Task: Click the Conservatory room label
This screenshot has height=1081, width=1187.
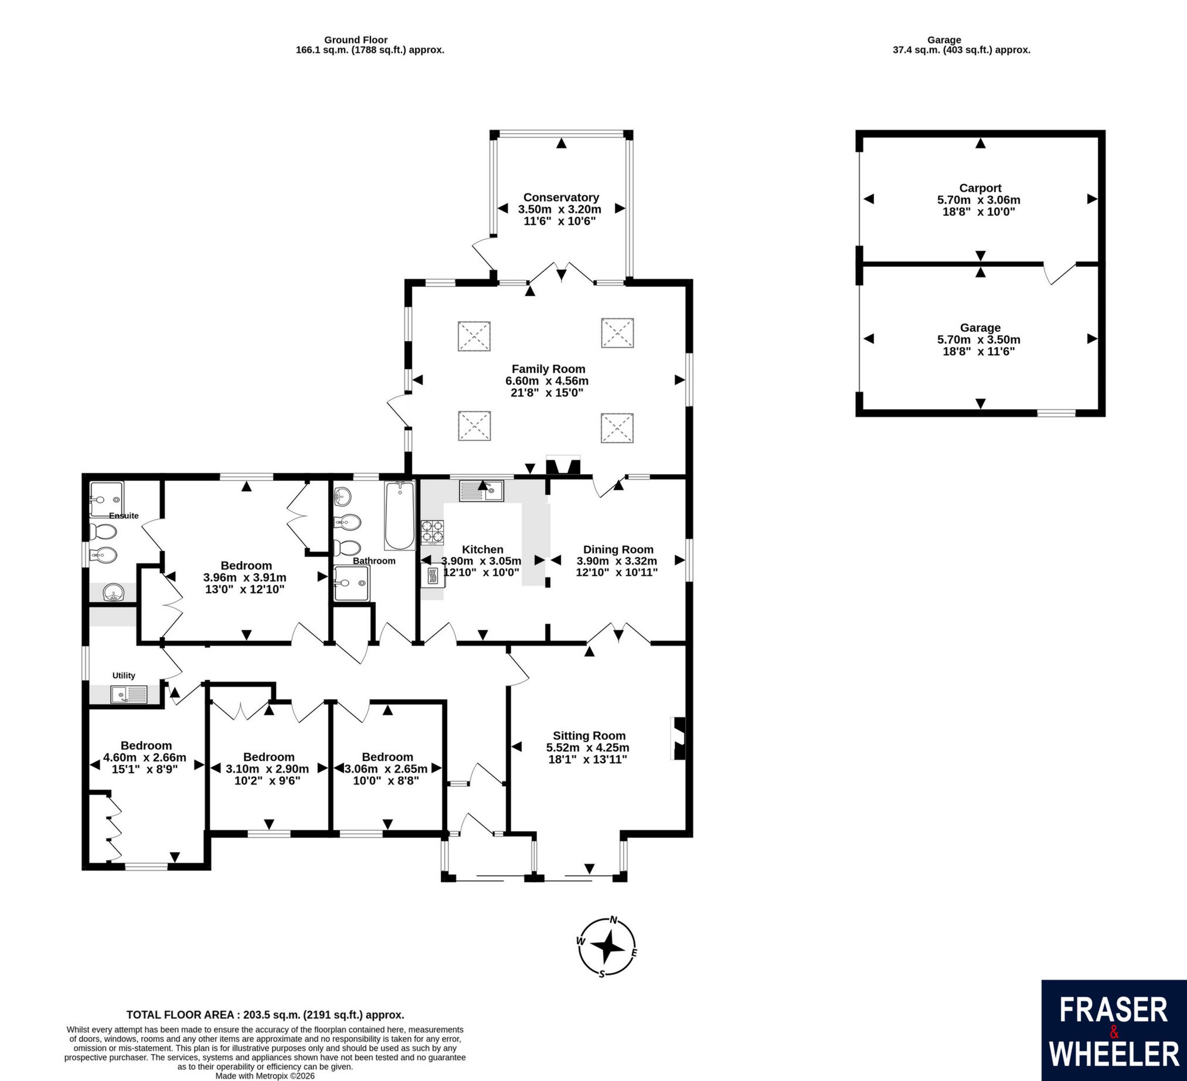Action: (x=561, y=197)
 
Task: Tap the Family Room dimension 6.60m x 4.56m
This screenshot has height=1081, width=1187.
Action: (x=547, y=381)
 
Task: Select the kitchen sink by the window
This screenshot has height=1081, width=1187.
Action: (x=482, y=491)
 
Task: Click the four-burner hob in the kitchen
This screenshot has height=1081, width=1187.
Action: (x=433, y=531)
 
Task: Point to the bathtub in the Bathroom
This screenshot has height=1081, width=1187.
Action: (x=400, y=516)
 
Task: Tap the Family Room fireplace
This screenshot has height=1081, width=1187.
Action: (x=563, y=465)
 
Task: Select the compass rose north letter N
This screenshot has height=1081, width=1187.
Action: (x=614, y=920)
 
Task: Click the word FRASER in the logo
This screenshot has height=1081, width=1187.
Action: (x=1113, y=1009)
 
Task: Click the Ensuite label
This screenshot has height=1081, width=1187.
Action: (x=124, y=516)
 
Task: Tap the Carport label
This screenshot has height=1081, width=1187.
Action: (x=980, y=188)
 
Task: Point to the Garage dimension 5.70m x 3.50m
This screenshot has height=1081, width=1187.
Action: (x=978, y=340)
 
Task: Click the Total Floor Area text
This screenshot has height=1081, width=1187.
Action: (x=265, y=1015)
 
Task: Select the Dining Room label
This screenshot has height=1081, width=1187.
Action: (x=618, y=549)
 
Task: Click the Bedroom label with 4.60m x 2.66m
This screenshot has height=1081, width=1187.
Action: (x=146, y=746)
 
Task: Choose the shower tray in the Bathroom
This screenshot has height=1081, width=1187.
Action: (x=352, y=583)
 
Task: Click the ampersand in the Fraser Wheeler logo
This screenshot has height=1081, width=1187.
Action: (x=1113, y=1032)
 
